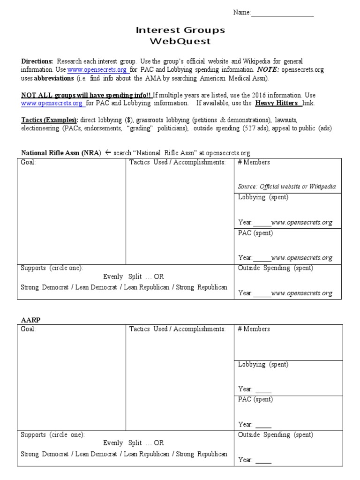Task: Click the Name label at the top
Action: (242, 13)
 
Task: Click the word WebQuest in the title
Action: (180, 41)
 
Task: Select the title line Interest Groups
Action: (180, 30)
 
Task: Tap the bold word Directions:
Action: (37, 61)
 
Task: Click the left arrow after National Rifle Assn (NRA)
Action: (108, 153)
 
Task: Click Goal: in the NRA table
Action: (28, 162)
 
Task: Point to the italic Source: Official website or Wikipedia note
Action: (287, 187)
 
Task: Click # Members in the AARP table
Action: (254, 329)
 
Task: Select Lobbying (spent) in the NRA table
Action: (263, 197)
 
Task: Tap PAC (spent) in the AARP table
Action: (255, 399)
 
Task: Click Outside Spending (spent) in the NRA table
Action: (276, 268)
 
